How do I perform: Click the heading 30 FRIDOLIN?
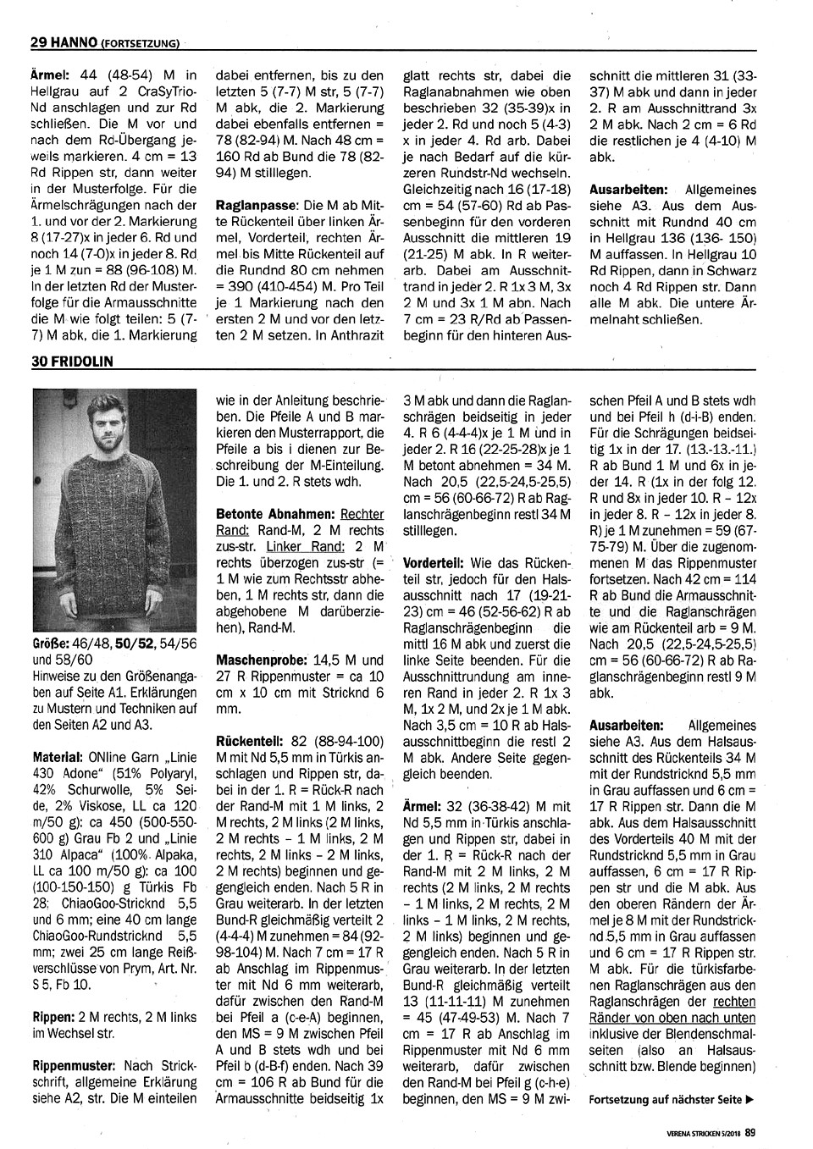[x=72, y=361]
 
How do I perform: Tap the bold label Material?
[x=56, y=756]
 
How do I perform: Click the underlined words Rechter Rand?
[x=362, y=514]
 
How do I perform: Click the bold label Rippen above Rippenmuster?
[x=55, y=1017]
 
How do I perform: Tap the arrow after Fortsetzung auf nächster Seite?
[x=749, y=1100]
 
